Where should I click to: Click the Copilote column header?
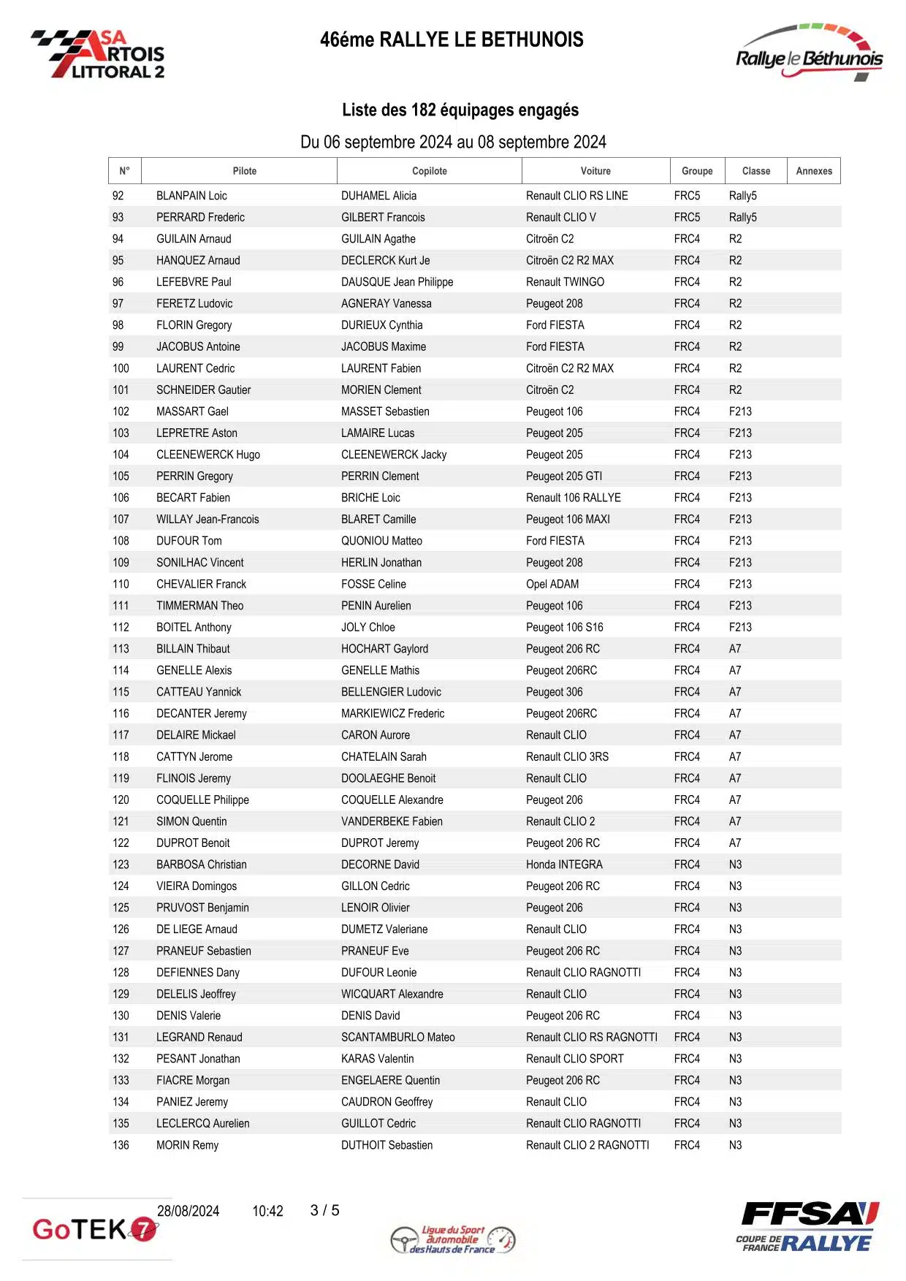point(429,171)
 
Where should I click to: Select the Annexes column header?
point(813,171)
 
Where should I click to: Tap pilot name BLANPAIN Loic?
point(191,196)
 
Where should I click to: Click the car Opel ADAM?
point(552,584)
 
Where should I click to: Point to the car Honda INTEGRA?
point(564,864)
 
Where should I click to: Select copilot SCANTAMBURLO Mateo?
point(397,1037)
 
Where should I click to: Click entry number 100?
point(121,368)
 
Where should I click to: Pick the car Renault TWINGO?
point(565,282)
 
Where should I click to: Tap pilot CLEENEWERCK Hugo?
point(208,455)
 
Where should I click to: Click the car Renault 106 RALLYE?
point(573,498)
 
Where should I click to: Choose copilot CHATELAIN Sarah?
point(384,757)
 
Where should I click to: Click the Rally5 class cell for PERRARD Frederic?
point(742,217)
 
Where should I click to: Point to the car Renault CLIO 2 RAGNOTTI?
point(587,1145)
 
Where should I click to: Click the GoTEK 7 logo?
point(95,1229)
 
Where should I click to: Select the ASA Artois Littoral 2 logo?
point(99,54)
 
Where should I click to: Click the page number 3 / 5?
point(324,1211)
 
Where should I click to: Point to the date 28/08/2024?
point(188,1211)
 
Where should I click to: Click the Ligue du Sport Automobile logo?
point(453,1239)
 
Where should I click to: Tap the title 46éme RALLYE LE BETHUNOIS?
point(452,39)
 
